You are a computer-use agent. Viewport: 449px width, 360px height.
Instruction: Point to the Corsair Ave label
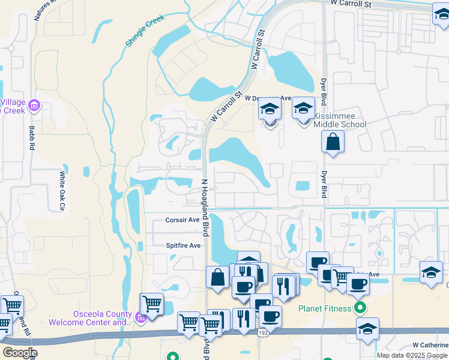[x=182, y=220]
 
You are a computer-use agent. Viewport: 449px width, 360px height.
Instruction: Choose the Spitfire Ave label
[x=183, y=245]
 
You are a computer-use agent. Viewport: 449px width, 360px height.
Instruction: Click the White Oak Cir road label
[x=61, y=191]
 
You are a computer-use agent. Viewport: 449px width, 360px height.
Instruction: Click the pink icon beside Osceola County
[x=140, y=317]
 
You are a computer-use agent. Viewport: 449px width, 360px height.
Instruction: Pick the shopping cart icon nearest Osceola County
[x=152, y=303]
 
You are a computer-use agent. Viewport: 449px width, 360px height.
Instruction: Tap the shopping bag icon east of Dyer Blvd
[x=333, y=142]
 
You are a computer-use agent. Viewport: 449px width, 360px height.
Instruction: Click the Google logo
[x=20, y=353]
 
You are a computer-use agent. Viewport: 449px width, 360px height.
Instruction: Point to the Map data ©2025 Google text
[x=412, y=355]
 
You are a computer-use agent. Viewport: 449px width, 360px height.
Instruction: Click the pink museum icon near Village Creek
[x=34, y=106]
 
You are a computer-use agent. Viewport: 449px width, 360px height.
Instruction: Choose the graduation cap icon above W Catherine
[x=367, y=328]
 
